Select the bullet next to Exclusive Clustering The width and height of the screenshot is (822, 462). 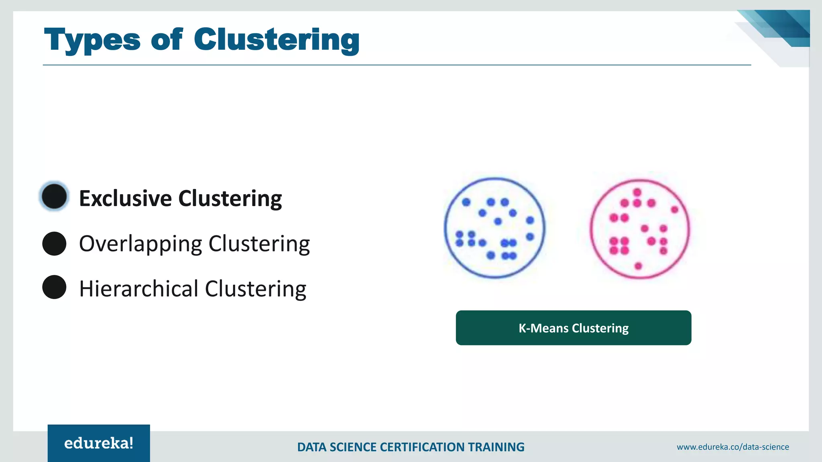[x=54, y=197]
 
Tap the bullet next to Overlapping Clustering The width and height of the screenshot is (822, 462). [x=54, y=243]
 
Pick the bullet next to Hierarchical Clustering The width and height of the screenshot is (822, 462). [x=54, y=287]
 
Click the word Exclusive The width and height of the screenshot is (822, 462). [x=125, y=199]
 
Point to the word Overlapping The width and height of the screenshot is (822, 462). [x=140, y=244]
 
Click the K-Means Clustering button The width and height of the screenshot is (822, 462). [x=573, y=328]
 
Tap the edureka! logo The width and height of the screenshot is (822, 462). [x=99, y=443]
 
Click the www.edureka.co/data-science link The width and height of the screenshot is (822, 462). [x=732, y=447]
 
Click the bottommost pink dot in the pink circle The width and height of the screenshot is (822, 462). [x=638, y=266]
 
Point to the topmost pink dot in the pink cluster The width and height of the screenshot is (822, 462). [x=637, y=192]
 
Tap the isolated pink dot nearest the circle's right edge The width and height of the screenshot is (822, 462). [x=674, y=210]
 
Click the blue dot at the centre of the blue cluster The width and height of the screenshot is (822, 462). [x=498, y=221]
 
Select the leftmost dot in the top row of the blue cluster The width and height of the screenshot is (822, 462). [x=466, y=202]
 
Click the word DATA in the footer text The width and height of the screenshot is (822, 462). [x=311, y=447]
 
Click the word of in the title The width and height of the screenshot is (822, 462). [x=167, y=40]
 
